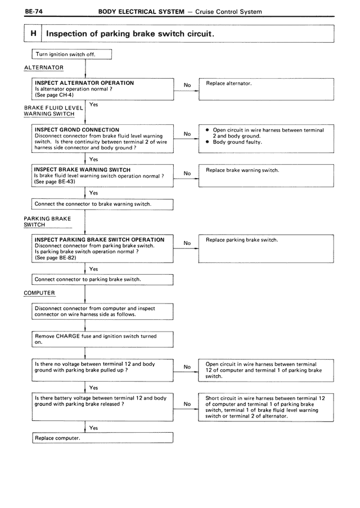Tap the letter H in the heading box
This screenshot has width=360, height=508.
[x=34, y=34]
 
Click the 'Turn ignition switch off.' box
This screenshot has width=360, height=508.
[x=72, y=55]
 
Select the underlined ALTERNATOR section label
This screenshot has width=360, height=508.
[x=43, y=67]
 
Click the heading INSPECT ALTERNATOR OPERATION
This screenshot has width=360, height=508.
[x=84, y=83]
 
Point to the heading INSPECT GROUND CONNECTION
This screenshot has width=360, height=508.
[x=77, y=130]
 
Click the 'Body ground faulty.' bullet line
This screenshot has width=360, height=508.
[x=237, y=142]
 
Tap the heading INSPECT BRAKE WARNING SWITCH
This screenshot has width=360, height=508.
[x=82, y=170]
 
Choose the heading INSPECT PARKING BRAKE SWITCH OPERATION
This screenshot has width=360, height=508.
[x=100, y=239]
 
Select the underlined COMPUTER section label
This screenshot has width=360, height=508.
[x=39, y=293]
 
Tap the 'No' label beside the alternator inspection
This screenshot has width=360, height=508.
[x=187, y=85]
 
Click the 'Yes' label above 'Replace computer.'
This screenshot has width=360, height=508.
[x=93, y=428]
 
